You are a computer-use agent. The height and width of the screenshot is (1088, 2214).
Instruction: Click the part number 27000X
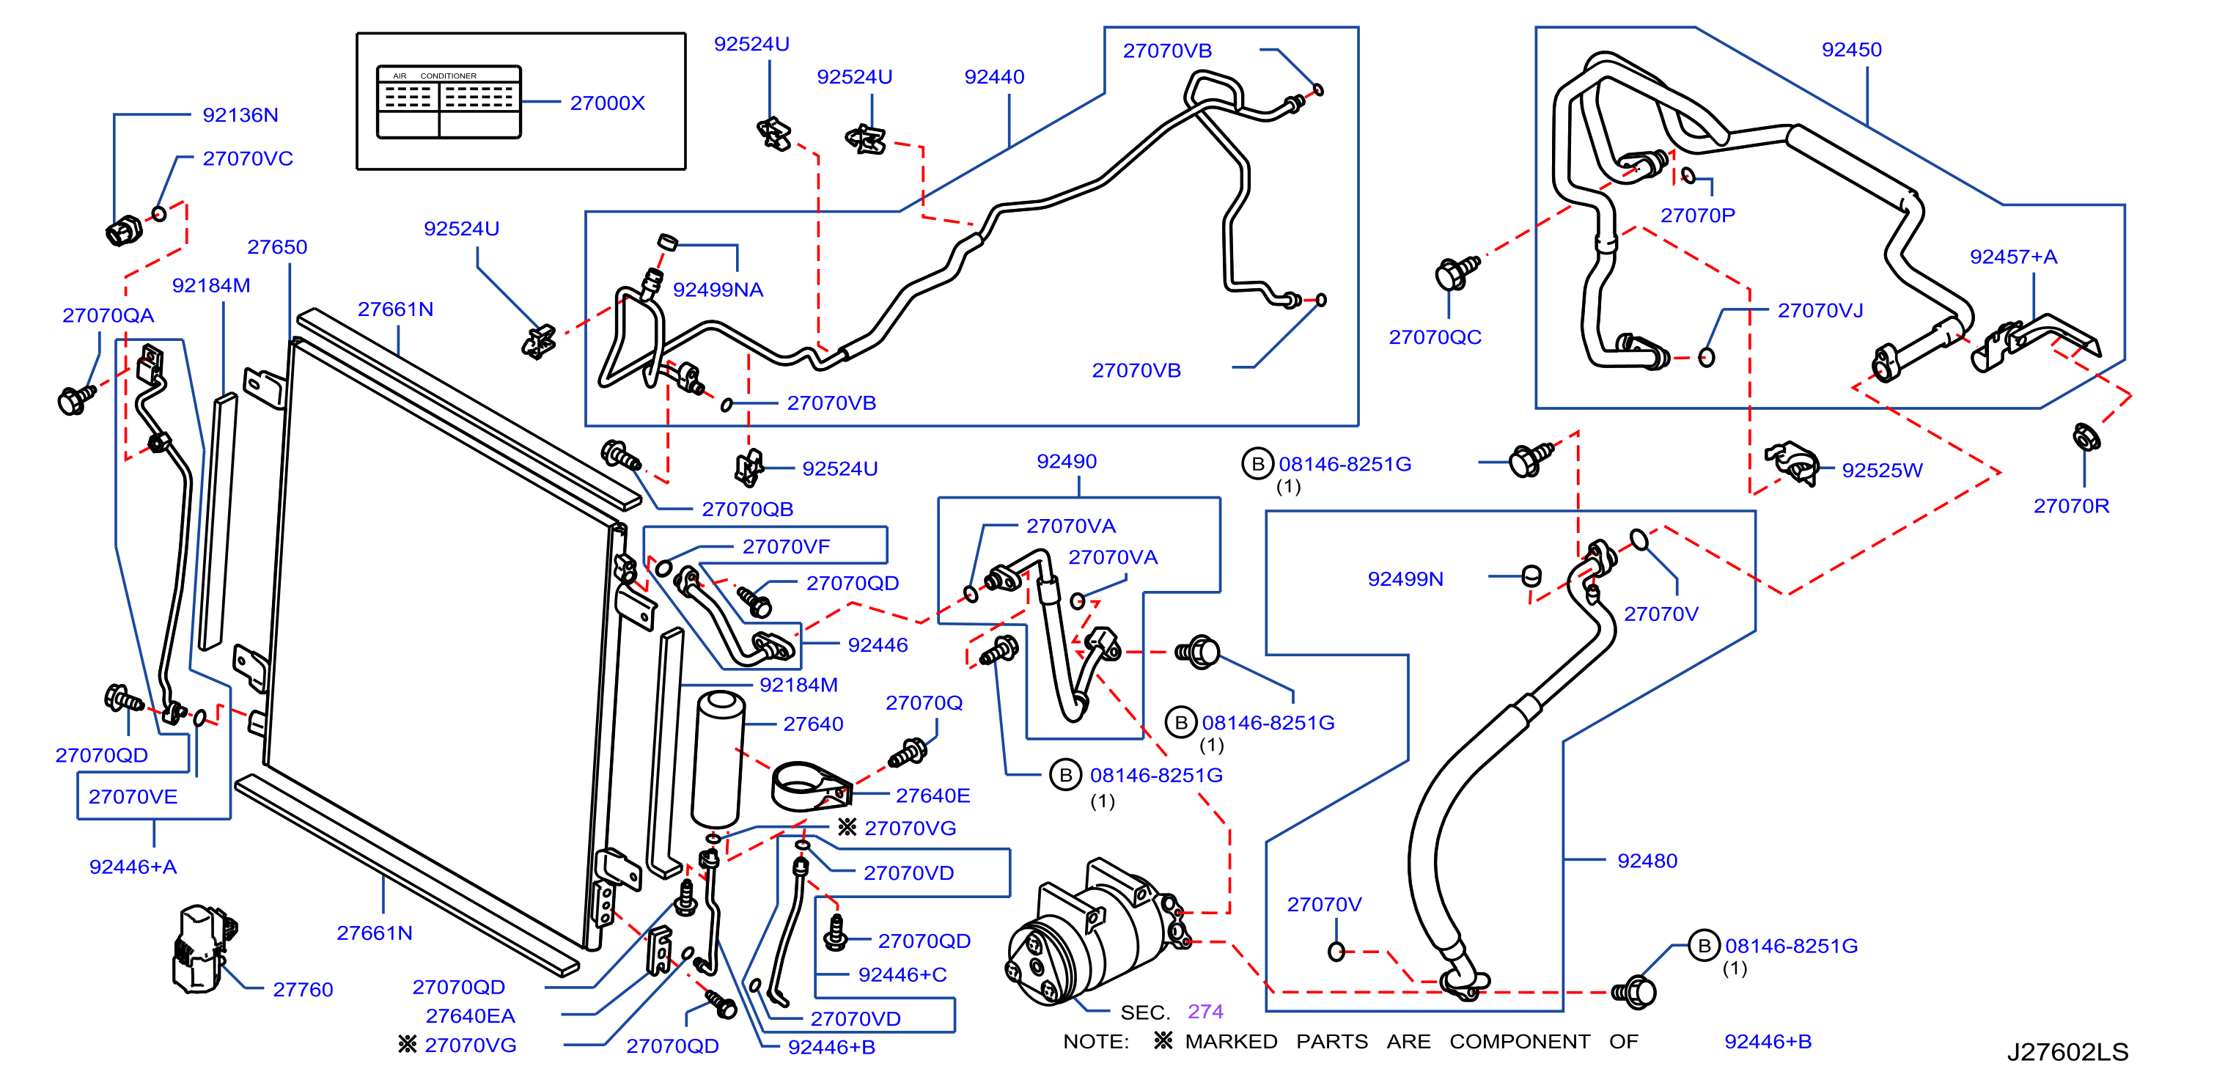607,103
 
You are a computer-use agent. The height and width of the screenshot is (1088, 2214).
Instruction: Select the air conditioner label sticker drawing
449,101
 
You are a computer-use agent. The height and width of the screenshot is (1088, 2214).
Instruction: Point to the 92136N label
240,115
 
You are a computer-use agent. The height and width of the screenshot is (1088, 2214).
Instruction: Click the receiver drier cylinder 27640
718,759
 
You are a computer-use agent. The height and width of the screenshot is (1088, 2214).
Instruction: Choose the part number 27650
277,248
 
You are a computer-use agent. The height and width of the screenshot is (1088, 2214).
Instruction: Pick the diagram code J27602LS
2067,1052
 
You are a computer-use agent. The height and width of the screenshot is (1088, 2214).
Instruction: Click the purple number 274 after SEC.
1205,1012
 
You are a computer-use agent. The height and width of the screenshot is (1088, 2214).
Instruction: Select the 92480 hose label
1647,861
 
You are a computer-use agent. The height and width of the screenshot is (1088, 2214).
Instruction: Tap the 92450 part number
1851,50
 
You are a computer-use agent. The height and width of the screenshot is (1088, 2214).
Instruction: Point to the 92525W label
1881,471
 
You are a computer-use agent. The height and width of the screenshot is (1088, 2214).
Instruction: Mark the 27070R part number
2070,506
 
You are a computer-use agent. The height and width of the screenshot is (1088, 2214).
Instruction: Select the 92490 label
1067,461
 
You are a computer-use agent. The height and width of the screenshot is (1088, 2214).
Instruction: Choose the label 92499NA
718,290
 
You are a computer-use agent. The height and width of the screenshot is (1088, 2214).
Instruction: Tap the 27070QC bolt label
1435,338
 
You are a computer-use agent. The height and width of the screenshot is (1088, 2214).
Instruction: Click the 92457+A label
2013,257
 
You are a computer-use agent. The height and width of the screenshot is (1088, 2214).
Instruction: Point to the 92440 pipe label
993,77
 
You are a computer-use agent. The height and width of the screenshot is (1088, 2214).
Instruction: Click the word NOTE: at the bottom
1096,1042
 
